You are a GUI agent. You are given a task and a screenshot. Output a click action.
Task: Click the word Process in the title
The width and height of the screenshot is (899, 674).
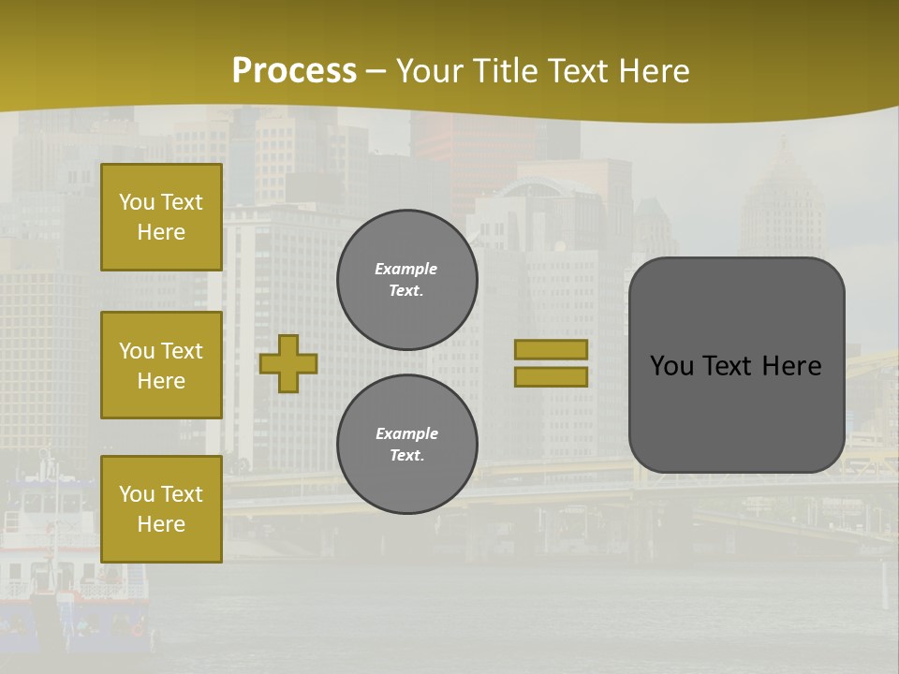294,71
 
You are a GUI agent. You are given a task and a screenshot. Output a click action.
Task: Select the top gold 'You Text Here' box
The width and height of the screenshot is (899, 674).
161,217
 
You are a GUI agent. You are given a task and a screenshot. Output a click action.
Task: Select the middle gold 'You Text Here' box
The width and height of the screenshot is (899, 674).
161,365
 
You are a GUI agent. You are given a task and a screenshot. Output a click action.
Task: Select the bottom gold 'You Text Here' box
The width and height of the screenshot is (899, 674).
161,508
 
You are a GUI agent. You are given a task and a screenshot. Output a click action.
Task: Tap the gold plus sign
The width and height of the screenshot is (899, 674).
288,363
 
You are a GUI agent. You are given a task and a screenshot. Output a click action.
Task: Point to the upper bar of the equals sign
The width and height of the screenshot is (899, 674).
551,349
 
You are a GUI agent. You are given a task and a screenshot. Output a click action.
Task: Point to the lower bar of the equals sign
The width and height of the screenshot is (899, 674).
551,376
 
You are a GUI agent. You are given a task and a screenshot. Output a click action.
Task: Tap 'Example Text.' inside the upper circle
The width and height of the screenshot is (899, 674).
406,280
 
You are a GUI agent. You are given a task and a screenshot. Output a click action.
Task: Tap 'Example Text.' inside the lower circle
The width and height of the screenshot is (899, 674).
406,445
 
